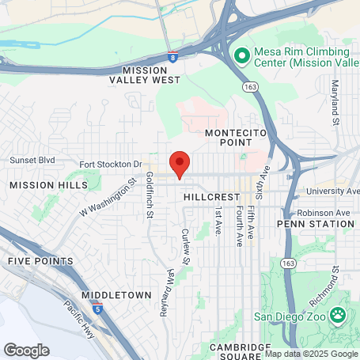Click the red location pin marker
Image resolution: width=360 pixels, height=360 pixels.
coord(180,163)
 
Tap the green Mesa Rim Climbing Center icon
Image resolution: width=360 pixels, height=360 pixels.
coord(241,55)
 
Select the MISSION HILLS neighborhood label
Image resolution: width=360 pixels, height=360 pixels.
coord(38,184)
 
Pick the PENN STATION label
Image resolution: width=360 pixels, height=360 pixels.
coord(316,224)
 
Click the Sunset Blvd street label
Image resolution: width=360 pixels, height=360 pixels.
coord(32,159)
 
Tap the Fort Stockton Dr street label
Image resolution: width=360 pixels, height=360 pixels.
coord(110,165)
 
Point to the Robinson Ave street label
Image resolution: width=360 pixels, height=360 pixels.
coord(324,213)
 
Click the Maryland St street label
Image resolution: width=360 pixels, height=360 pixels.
coord(335,102)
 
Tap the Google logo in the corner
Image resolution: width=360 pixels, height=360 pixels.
coord(26,350)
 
